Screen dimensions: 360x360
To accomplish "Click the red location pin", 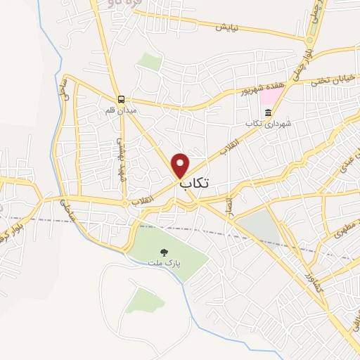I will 181,164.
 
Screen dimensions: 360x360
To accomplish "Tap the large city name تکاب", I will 195,184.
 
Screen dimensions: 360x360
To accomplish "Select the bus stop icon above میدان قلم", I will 122,98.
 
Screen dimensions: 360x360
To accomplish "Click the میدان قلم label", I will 119,110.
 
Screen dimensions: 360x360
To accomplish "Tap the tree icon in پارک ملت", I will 163,251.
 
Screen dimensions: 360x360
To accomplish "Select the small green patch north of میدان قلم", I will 150,61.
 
